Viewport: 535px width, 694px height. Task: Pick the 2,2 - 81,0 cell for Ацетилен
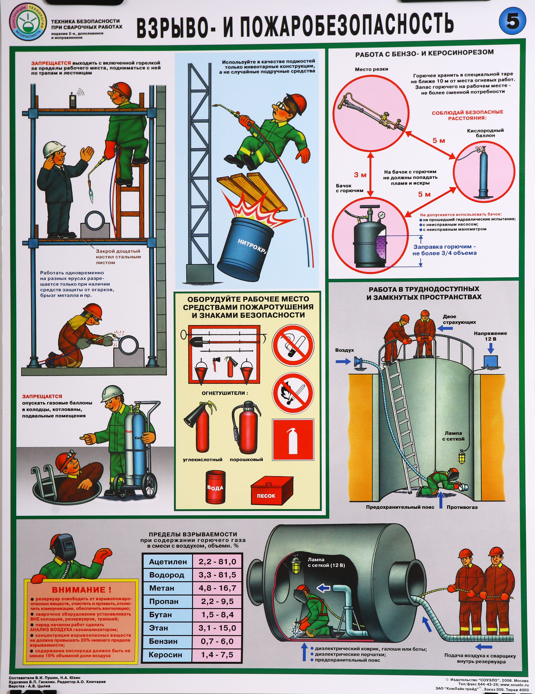coord(217,561)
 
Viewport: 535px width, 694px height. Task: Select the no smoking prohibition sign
coord(293,345)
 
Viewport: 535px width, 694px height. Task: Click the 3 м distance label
coord(360,175)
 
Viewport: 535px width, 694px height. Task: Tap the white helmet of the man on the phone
coord(54,148)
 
